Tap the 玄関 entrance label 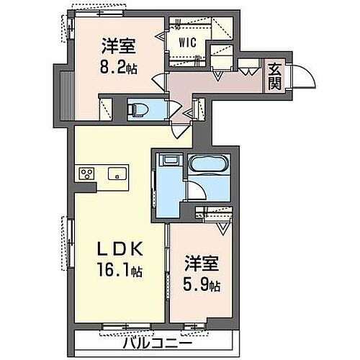[x=275, y=76]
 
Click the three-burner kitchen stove [x=87, y=174]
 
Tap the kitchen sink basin [x=116, y=174]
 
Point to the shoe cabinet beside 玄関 [x=252, y=68]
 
